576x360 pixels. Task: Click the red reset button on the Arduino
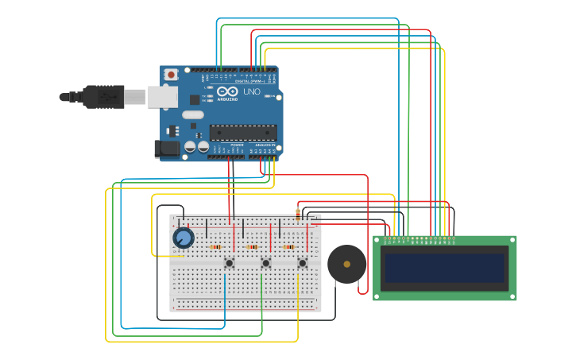tap(171, 75)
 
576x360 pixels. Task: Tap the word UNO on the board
tap(251, 92)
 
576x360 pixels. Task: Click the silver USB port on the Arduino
tap(162, 97)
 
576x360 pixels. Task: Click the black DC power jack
tap(167, 148)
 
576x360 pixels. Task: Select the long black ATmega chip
tap(243, 133)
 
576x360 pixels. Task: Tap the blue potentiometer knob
tap(184, 238)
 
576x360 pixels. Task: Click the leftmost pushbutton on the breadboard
tap(229, 263)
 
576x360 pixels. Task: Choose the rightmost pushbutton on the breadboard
tap(302, 263)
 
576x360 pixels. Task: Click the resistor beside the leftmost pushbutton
tap(215, 247)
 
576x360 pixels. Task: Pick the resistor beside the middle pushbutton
tap(253, 247)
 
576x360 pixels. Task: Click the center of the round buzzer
tap(346, 264)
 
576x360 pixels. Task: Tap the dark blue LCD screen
tap(444, 268)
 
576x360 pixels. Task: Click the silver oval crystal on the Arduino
tap(193, 114)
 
